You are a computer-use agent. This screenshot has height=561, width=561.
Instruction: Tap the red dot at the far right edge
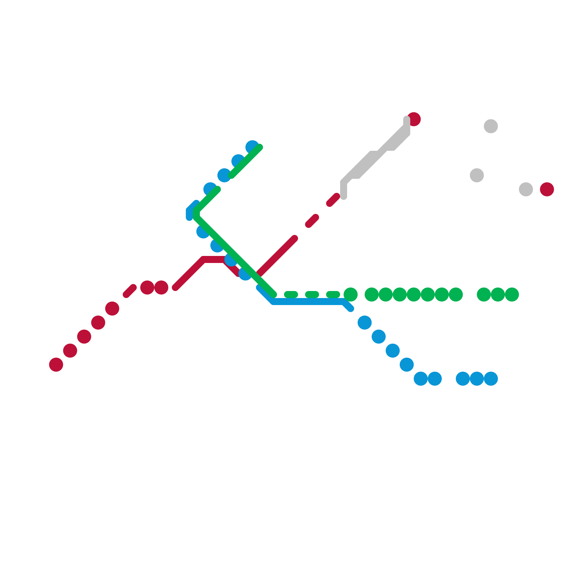click(x=547, y=189)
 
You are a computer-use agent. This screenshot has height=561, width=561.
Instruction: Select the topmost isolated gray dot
click(x=491, y=126)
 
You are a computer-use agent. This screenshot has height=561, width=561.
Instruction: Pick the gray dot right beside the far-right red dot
click(x=526, y=189)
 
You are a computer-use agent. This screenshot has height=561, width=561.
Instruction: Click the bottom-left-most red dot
click(x=56, y=365)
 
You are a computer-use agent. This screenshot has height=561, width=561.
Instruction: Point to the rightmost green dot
click(x=512, y=295)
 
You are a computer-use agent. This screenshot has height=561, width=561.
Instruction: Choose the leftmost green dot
click(x=351, y=295)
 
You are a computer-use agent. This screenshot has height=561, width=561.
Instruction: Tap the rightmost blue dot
click(x=491, y=379)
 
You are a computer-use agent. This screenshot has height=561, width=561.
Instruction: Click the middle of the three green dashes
click(x=312, y=295)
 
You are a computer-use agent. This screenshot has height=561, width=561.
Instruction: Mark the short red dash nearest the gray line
click(x=333, y=200)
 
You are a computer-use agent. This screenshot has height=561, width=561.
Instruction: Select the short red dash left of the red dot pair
click(x=130, y=291)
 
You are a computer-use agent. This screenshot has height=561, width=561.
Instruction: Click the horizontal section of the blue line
click(x=309, y=302)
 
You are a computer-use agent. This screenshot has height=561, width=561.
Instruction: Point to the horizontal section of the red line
click(x=214, y=260)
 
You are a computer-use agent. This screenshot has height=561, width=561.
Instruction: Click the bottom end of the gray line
click(x=344, y=196)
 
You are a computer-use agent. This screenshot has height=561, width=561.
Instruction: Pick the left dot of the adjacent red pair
click(x=147, y=288)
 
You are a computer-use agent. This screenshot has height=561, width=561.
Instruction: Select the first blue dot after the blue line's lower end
click(x=365, y=323)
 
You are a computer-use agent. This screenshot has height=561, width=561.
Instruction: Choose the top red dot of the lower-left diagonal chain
click(x=112, y=309)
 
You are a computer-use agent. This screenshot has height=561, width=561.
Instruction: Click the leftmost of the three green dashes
click(x=291, y=295)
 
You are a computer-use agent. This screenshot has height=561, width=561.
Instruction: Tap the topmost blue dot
click(x=252, y=147)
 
